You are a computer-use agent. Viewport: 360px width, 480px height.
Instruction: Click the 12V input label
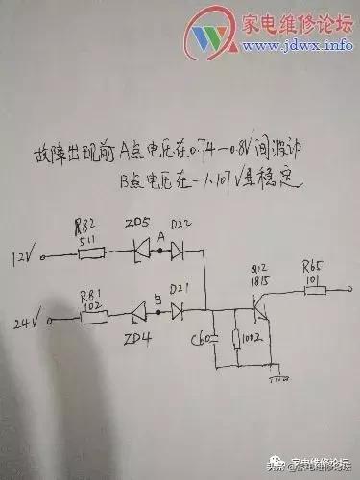click(x=22, y=256)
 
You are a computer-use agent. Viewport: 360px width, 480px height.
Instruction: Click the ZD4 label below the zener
click(x=138, y=338)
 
